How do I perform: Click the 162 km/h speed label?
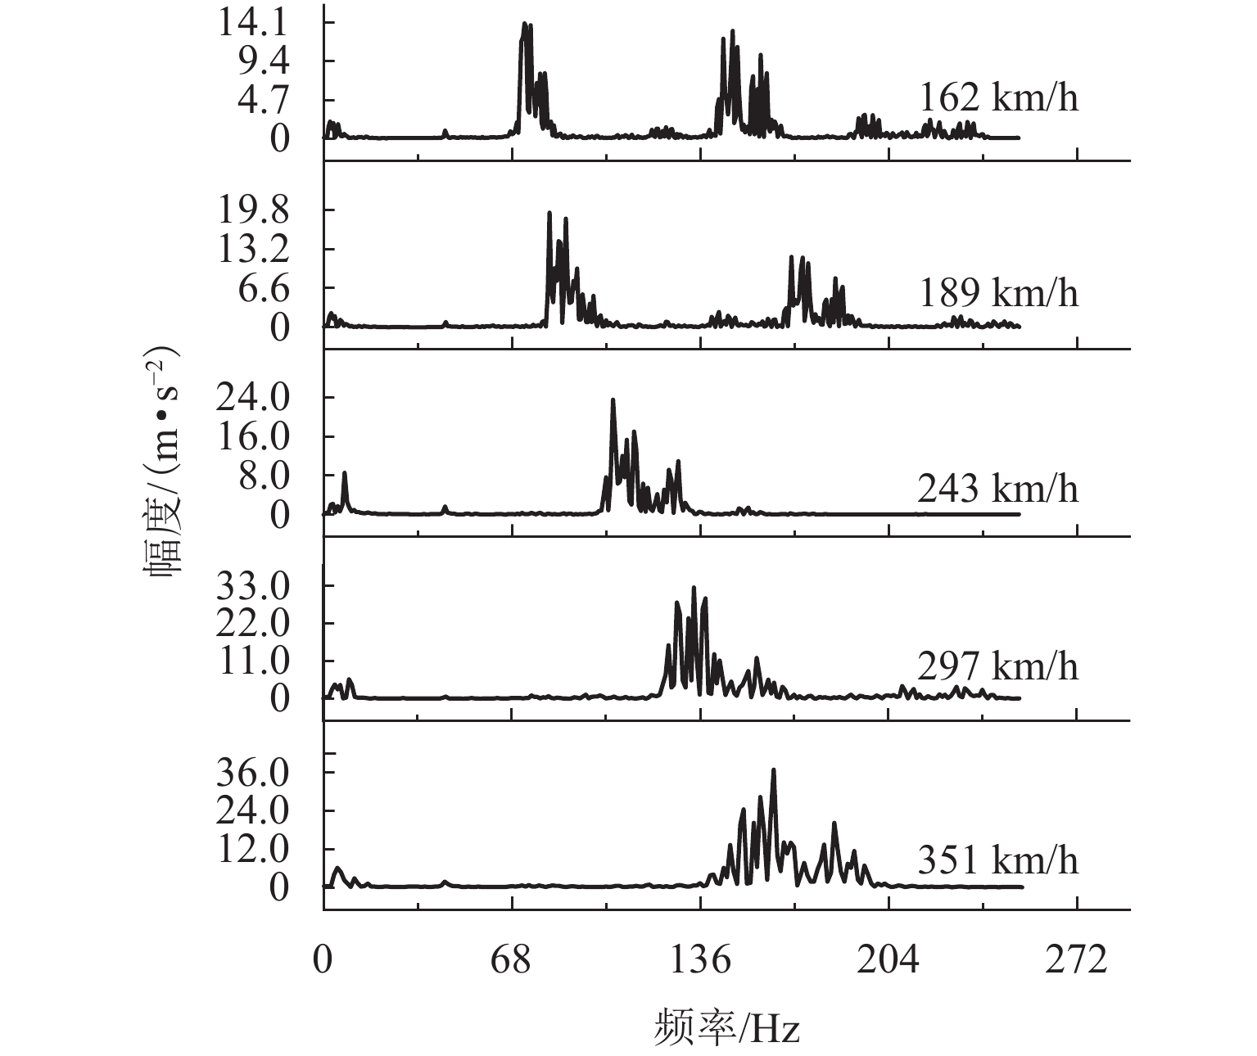[x=998, y=97]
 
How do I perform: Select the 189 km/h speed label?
[x=998, y=292]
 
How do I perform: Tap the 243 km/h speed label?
[x=998, y=488]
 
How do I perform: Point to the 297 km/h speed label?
[x=998, y=666]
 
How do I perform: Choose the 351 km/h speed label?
[x=998, y=860]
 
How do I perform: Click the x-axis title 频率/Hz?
[x=727, y=1027]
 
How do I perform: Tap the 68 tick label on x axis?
[x=512, y=959]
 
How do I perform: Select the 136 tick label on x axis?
[x=700, y=959]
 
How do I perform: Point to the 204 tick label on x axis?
[x=888, y=959]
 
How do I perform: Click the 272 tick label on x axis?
[x=1077, y=959]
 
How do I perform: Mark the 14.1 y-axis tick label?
[x=252, y=22]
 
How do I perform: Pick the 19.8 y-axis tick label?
[x=252, y=210]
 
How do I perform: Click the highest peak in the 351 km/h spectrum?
[x=773, y=770]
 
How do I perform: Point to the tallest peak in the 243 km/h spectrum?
[x=613, y=400]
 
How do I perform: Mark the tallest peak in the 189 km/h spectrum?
[x=549, y=213]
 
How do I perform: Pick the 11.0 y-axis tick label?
[x=252, y=660]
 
